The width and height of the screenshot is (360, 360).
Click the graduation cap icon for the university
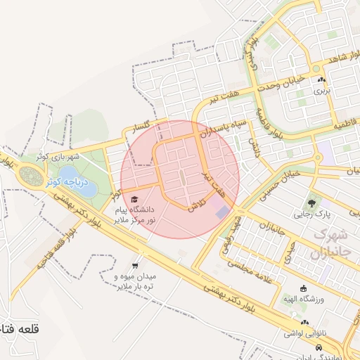coord(134,199)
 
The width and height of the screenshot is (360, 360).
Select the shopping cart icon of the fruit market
coord(134,266)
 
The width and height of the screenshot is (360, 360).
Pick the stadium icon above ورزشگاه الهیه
coord(303,288)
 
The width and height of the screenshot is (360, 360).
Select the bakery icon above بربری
coord(321,79)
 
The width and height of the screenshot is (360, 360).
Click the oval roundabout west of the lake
coord(31,176)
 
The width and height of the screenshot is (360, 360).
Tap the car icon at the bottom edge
coord(319,348)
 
